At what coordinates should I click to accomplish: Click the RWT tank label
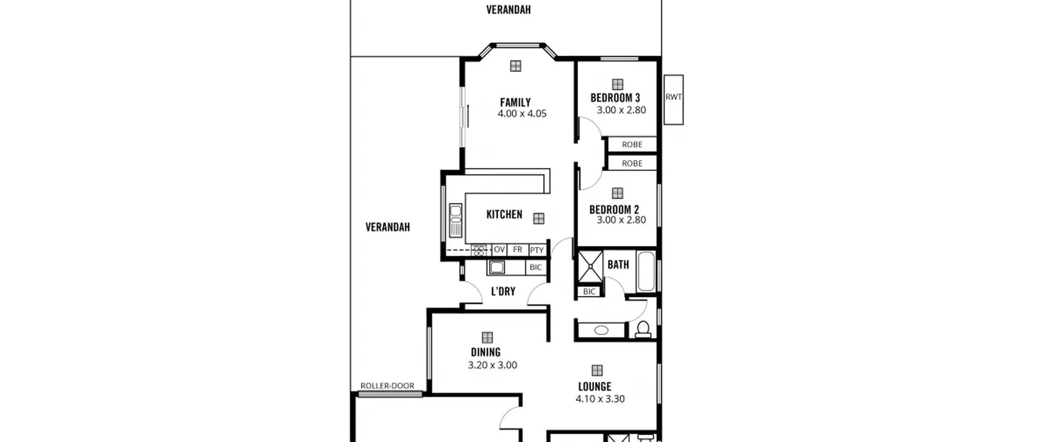click(x=674, y=97)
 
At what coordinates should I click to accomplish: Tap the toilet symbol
click(x=643, y=329)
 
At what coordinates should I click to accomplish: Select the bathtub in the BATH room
click(x=646, y=271)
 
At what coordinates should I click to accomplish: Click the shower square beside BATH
click(x=591, y=266)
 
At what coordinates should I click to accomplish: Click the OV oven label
click(x=499, y=250)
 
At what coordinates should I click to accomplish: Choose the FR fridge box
click(x=517, y=250)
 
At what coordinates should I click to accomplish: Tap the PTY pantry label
click(x=537, y=250)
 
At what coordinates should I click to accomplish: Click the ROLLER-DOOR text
click(x=387, y=386)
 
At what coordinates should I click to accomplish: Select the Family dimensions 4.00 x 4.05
click(x=522, y=113)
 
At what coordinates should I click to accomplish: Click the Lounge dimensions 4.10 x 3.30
click(x=600, y=398)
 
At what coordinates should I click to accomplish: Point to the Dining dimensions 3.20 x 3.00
click(x=492, y=365)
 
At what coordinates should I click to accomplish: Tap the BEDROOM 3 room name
click(x=615, y=98)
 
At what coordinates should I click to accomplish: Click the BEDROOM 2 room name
click(x=614, y=210)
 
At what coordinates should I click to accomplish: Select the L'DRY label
click(x=503, y=292)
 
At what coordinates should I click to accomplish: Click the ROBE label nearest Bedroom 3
click(x=632, y=144)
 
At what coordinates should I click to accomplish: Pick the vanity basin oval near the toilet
click(x=601, y=330)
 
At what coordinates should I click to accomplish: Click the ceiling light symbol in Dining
click(x=487, y=338)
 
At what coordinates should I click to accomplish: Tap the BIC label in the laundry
click(x=535, y=267)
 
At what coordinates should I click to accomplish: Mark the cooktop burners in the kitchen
click(x=479, y=250)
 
